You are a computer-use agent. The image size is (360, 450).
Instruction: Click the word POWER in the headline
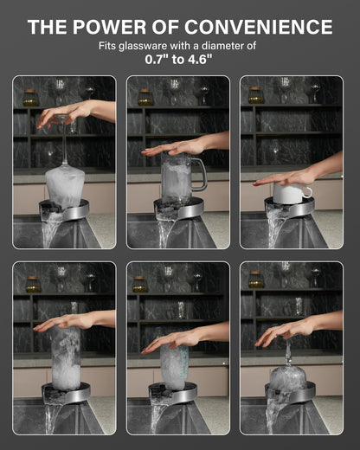click(x=109, y=27)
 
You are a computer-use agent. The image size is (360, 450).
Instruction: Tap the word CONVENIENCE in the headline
click(x=259, y=27)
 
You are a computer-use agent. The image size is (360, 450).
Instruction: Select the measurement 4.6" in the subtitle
click(x=200, y=60)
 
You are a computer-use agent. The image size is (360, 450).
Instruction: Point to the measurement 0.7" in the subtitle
click(x=157, y=60)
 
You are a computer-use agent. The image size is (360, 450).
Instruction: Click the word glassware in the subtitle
click(x=143, y=46)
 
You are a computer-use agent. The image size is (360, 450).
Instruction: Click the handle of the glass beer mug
click(x=200, y=174)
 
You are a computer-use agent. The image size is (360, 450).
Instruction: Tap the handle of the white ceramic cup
click(x=307, y=191)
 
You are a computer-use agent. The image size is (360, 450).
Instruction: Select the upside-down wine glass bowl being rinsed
click(x=65, y=183)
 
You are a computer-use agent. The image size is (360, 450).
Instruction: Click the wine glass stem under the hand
click(x=64, y=145)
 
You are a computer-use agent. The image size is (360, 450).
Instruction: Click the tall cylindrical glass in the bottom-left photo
click(x=66, y=357)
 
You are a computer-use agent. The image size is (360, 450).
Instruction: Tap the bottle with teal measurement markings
click(x=174, y=366)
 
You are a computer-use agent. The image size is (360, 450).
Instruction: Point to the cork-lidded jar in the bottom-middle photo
click(x=139, y=284)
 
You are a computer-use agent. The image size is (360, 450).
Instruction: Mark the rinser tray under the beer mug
click(x=179, y=209)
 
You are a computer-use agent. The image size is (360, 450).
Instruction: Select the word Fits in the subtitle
click(x=107, y=46)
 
